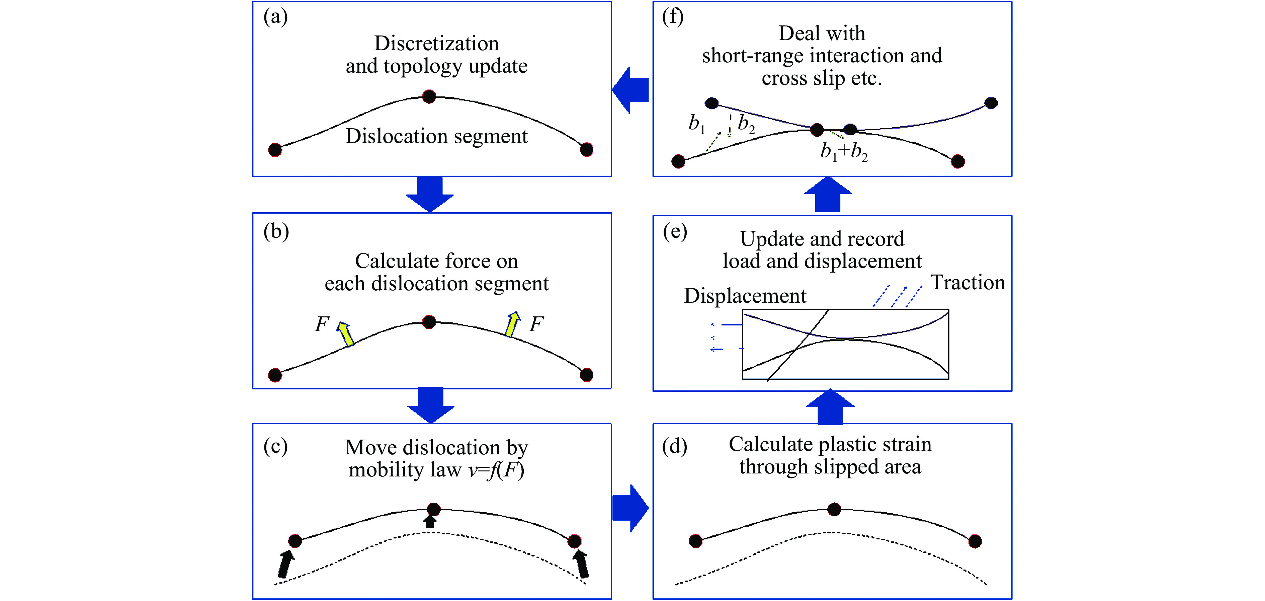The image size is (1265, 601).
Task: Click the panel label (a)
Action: pos(275,17)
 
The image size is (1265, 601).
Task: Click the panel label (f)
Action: pos(673,17)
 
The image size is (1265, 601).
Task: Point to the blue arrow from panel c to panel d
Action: pos(630,508)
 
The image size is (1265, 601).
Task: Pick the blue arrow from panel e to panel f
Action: pos(828,195)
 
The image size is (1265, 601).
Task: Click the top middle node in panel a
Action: pos(429,96)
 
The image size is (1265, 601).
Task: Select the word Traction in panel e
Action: pos(968,283)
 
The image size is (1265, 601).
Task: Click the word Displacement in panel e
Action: pos(745,296)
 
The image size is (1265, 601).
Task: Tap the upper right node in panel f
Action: pos(992,103)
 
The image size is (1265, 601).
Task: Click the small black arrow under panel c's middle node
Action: pos(430,522)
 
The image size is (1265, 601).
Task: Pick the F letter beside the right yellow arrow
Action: pos(536,324)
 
